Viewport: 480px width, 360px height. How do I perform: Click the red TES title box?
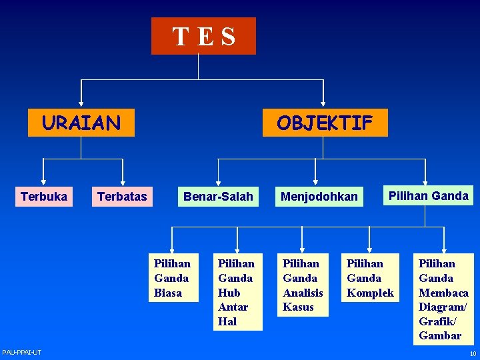pos(203,36)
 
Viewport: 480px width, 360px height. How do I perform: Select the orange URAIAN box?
pos(81,123)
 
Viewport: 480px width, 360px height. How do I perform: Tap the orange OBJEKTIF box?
pos(325,123)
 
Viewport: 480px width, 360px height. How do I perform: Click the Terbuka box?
pos(44,196)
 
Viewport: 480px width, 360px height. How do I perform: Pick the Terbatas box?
pos(122,196)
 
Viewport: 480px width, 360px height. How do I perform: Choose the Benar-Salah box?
pos(218,196)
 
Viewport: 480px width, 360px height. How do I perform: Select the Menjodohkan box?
pos(319,196)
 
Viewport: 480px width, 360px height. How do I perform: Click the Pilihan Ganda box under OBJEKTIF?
pos(427,195)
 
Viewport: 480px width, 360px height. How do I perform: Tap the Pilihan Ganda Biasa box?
pos(172,278)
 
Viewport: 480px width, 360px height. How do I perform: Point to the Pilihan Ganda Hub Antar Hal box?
pos(236,292)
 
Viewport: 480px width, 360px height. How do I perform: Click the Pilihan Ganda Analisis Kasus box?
pos(303,285)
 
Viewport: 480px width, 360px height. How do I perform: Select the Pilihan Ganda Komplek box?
pos(370,278)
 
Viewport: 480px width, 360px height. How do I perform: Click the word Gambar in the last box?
pos(440,335)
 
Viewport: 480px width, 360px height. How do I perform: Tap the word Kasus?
pos(298,307)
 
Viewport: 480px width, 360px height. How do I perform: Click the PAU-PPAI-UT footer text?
pos(21,352)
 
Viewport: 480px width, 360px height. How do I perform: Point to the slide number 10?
pos(473,353)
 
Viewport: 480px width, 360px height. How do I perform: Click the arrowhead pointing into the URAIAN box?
pos(81,103)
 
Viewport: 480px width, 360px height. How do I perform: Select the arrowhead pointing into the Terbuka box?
pos(43,181)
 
